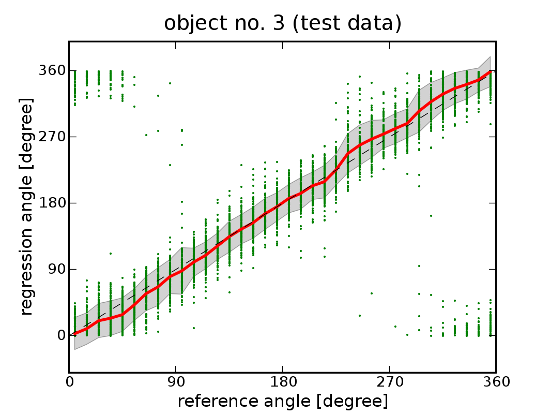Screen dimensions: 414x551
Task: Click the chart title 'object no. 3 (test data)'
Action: tap(283, 23)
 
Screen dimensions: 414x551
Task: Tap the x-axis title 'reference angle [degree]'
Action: tap(283, 401)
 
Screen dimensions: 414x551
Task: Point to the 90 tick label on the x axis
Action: tap(176, 382)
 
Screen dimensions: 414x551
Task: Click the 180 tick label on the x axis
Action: tap(283, 382)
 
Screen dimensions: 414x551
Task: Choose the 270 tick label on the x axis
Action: tap(389, 382)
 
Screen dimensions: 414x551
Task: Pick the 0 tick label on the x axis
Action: tap(69, 382)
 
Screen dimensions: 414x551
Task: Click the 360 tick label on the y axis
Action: tap(52, 70)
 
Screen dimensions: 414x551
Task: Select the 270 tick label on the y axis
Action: tap(52, 137)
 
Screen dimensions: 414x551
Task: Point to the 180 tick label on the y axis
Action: tap(52, 203)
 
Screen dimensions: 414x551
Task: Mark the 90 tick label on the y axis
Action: tap(56, 269)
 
